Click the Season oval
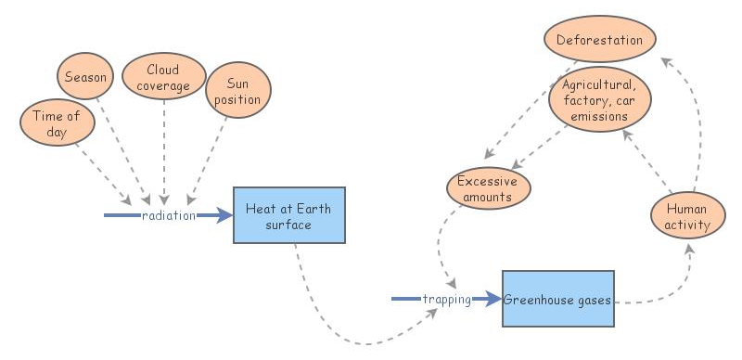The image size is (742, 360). [84, 75]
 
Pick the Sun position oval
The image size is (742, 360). [237, 89]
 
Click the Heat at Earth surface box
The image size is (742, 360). [288, 215]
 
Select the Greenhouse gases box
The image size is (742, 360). [557, 299]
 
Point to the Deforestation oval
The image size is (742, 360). [599, 40]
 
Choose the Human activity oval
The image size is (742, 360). [688, 215]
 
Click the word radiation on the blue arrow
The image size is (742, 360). [168, 215]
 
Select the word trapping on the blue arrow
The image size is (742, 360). [446, 299]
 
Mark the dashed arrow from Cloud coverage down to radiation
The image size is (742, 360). [164, 148]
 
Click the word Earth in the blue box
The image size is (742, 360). [313, 208]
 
